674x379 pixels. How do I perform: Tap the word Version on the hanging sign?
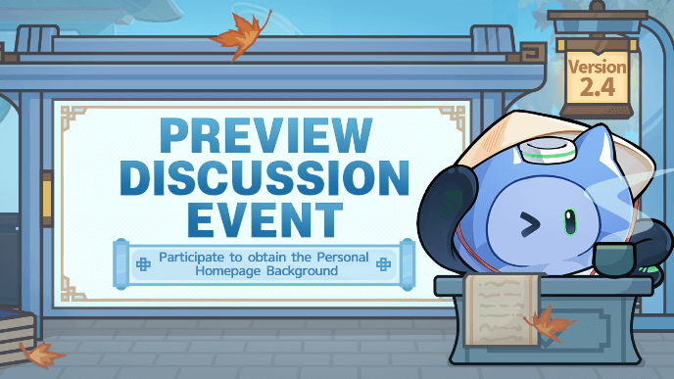597,70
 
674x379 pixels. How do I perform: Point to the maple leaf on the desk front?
550,323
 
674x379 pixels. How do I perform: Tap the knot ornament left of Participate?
142,263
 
